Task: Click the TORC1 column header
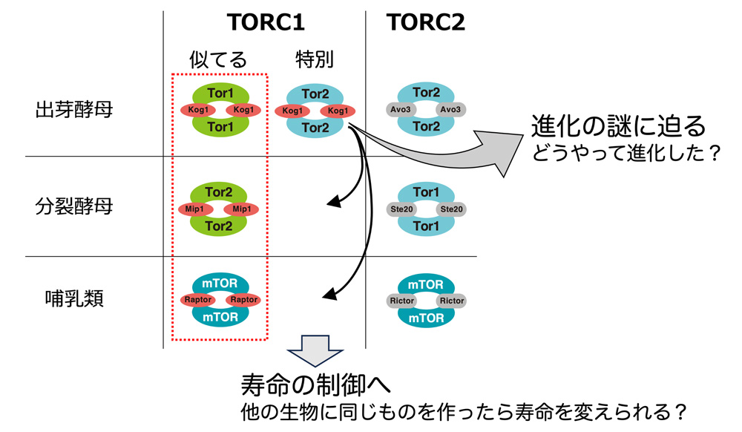[266, 22]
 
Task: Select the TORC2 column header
[425, 22]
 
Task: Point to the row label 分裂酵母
[74, 206]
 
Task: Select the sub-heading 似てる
[218, 59]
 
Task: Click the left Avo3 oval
[401, 110]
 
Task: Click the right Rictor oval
[452, 301]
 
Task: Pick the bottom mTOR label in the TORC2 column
[426, 318]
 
